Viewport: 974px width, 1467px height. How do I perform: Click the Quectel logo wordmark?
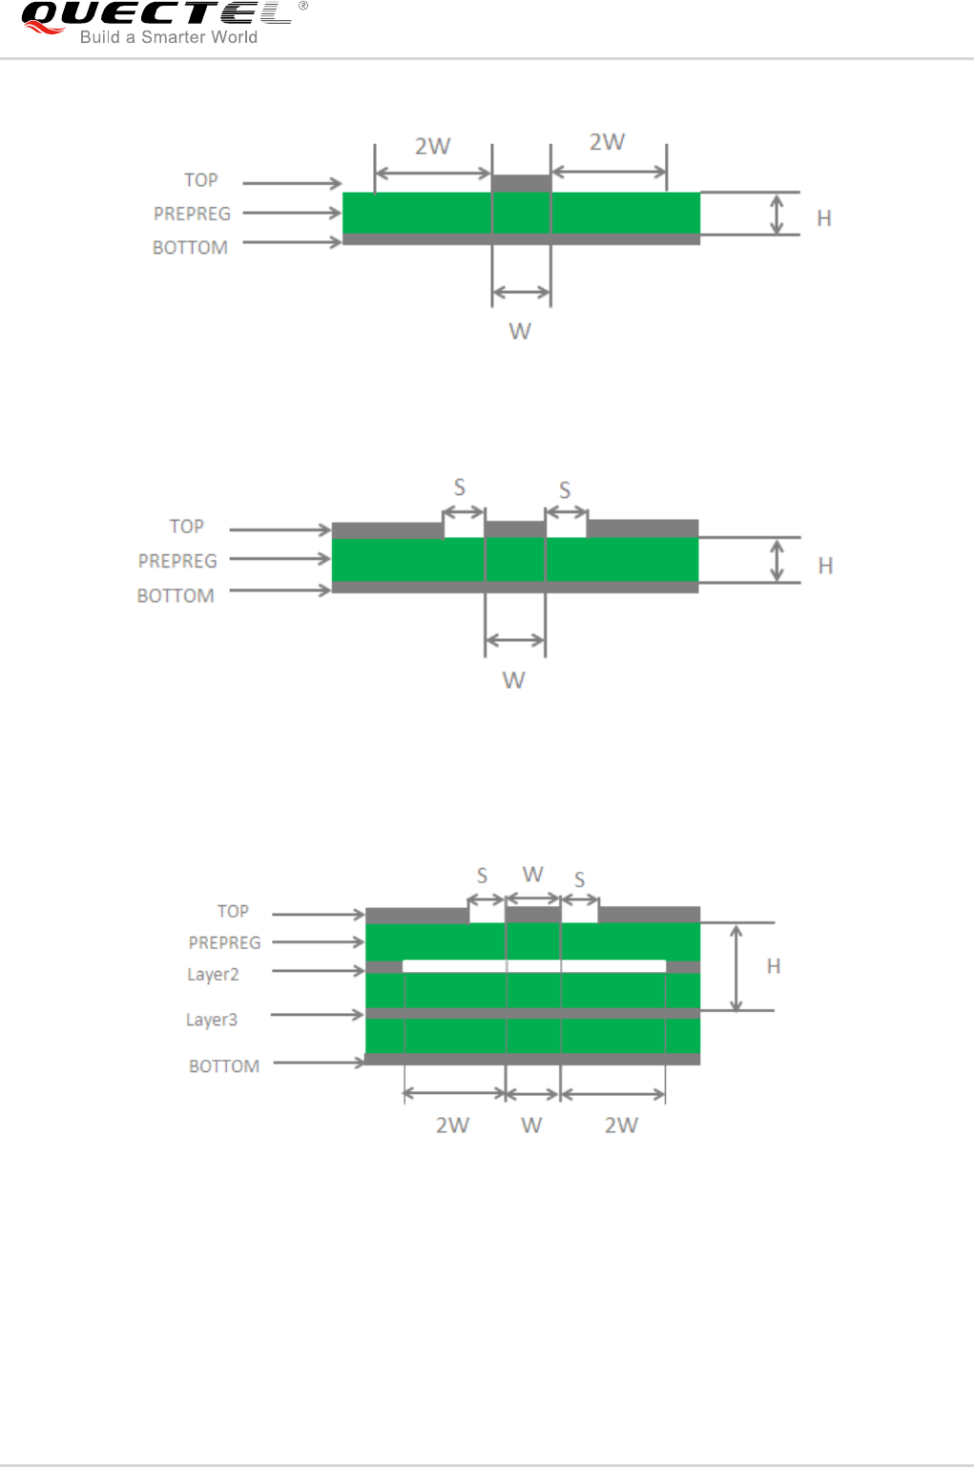pyautogui.click(x=156, y=13)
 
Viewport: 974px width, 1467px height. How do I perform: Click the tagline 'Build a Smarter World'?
pyautogui.click(x=168, y=37)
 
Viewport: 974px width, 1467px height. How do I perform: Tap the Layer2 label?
pyautogui.click(x=213, y=975)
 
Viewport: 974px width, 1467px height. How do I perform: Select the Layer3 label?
pyautogui.click(x=212, y=1020)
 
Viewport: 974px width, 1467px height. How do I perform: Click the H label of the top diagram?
pyautogui.click(x=824, y=218)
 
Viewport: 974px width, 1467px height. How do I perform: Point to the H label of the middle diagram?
pyautogui.click(x=825, y=566)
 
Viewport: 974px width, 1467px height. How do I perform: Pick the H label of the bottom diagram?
pyautogui.click(x=774, y=966)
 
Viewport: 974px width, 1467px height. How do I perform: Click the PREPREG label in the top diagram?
pyautogui.click(x=192, y=214)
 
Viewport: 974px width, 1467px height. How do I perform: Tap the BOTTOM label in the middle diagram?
pyautogui.click(x=176, y=596)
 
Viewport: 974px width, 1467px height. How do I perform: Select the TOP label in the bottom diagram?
pyautogui.click(x=233, y=911)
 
